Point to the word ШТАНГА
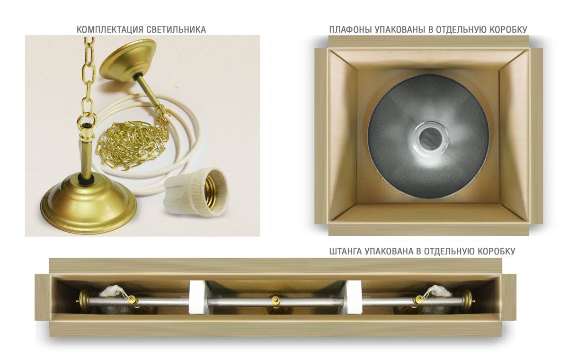[346, 251]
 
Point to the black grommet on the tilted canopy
[139, 76]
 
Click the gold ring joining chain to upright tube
[88, 119]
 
